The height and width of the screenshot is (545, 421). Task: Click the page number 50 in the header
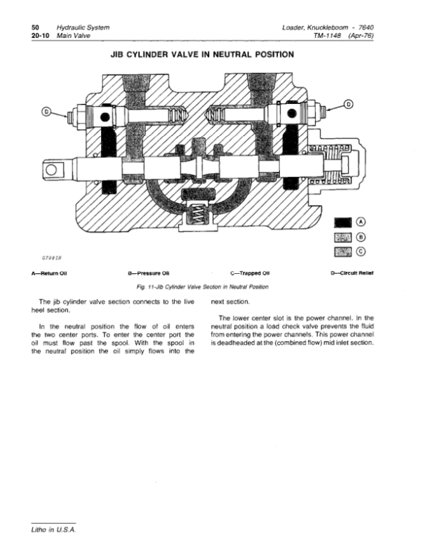pyautogui.click(x=35, y=27)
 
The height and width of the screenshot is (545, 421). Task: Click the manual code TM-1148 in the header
pyautogui.click(x=326, y=35)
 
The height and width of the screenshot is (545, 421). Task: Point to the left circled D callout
pyautogui.click(x=46, y=112)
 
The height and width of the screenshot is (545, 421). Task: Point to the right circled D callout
pyautogui.click(x=349, y=104)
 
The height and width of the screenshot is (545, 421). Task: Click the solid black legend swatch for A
pyautogui.click(x=342, y=223)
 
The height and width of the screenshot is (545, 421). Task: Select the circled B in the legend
pyautogui.click(x=361, y=237)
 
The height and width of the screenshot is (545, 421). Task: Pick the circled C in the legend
pyautogui.click(x=361, y=251)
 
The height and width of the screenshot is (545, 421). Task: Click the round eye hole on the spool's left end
pyautogui.click(x=51, y=170)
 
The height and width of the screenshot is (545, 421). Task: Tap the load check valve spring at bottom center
pyautogui.click(x=198, y=213)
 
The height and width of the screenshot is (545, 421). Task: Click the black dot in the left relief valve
pyautogui.click(x=105, y=117)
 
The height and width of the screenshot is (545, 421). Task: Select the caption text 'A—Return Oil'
pyautogui.click(x=49, y=273)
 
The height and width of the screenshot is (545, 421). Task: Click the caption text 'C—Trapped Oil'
pyautogui.click(x=250, y=273)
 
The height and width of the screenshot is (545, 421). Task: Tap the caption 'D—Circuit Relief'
pyautogui.click(x=352, y=272)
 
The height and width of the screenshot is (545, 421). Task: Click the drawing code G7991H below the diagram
pyautogui.click(x=52, y=258)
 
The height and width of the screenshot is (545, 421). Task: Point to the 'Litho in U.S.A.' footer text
pyautogui.click(x=53, y=530)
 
